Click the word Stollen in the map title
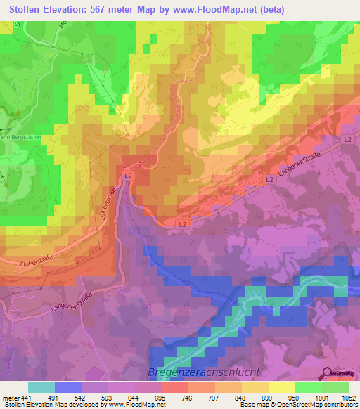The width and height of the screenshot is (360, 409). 27,9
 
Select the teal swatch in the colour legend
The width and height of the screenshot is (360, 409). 41,387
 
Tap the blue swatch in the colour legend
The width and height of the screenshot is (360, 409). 68,387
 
